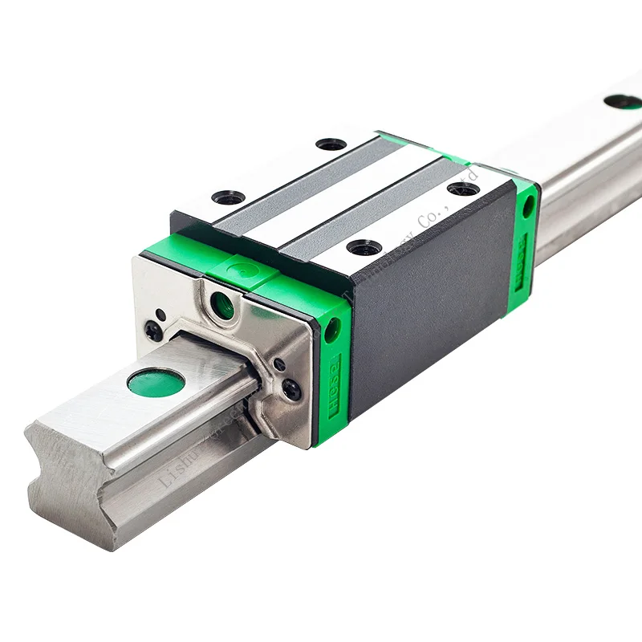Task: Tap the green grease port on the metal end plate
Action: tap(222, 304)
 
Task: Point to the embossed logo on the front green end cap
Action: tap(330, 386)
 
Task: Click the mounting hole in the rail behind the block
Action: tap(623, 103)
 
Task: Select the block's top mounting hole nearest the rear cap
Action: tap(463, 189)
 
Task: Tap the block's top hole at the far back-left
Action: tap(331, 144)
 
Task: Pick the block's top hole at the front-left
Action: tap(229, 197)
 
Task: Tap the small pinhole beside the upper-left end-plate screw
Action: tap(161, 314)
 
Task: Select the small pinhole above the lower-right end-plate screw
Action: tap(278, 365)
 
